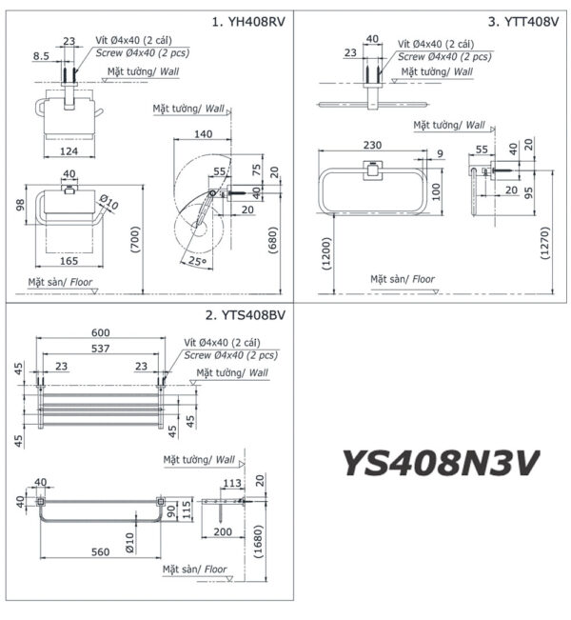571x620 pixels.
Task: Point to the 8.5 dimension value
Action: coord(41,56)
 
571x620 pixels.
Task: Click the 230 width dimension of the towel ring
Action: coord(373,145)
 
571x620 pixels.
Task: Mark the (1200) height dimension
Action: coord(327,253)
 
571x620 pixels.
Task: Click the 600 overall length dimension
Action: coord(101,332)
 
